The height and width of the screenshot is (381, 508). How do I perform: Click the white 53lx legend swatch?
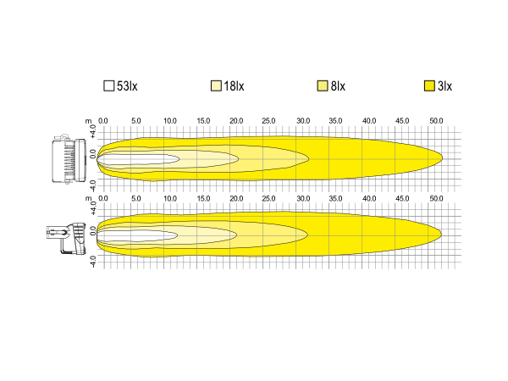pyautogui.click(x=109, y=86)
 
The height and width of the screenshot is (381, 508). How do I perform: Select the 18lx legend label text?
pyautogui.click(x=234, y=86)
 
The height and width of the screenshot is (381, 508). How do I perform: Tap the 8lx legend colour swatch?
pyautogui.click(x=323, y=86)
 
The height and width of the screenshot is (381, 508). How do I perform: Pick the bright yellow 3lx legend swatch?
pyautogui.click(x=429, y=86)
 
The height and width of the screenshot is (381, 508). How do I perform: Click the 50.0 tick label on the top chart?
pyautogui.click(x=436, y=121)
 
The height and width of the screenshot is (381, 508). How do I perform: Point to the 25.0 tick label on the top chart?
pyautogui.click(x=268, y=121)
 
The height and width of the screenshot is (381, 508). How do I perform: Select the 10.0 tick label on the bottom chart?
pyautogui.click(x=170, y=198)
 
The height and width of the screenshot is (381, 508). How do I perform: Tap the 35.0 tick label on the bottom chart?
pyautogui.click(x=335, y=198)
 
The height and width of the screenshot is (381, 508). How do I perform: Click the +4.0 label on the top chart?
pyautogui.click(x=93, y=131)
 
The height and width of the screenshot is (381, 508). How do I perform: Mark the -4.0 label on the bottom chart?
pyautogui.click(x=93, y=262)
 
